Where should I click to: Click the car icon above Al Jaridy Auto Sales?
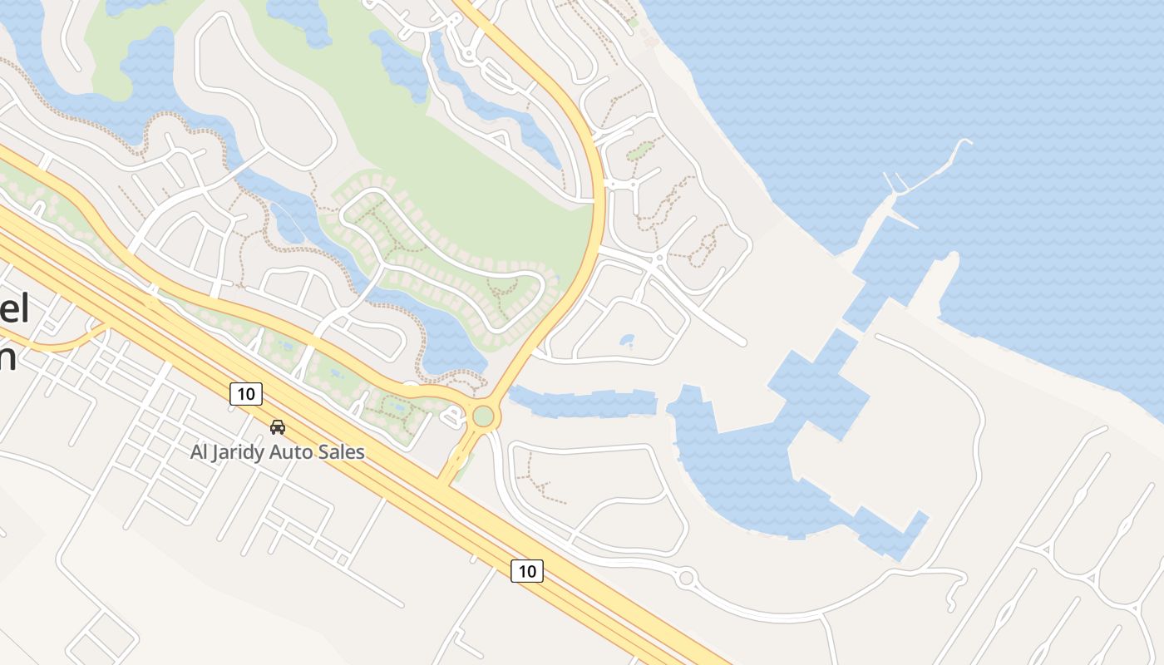278,426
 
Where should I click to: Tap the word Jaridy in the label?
252,452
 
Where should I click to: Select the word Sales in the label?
343,452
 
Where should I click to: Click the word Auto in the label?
300,452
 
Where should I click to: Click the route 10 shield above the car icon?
246,393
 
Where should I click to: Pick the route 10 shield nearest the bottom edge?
526,571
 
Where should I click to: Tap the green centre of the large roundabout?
482,415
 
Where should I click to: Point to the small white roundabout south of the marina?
686,577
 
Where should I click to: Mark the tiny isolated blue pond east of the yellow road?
627,340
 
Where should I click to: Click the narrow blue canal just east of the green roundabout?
582,403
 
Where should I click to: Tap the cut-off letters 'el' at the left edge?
14,310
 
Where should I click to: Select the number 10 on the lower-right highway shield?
526,571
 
